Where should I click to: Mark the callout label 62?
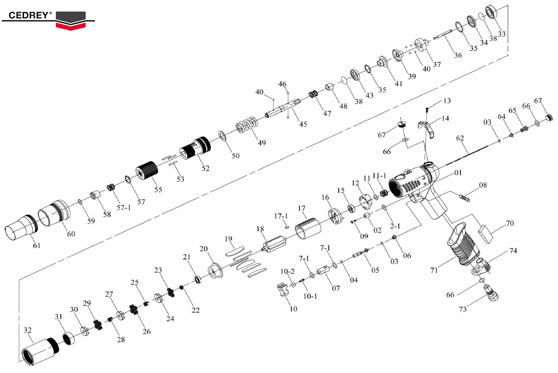click(460, 139)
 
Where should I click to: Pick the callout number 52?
click(205, 168)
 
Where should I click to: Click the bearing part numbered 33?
click(492, 13)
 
